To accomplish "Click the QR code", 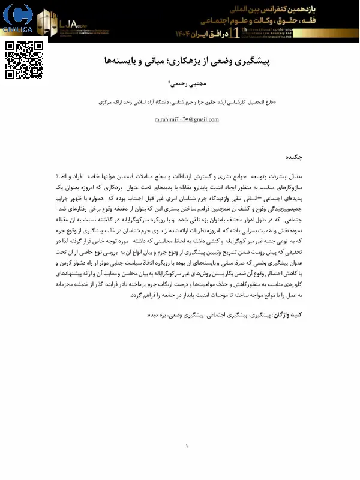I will [x=24, y=60].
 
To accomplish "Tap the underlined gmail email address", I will [x=187, y=119].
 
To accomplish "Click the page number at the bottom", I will [x=186, y=446].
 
